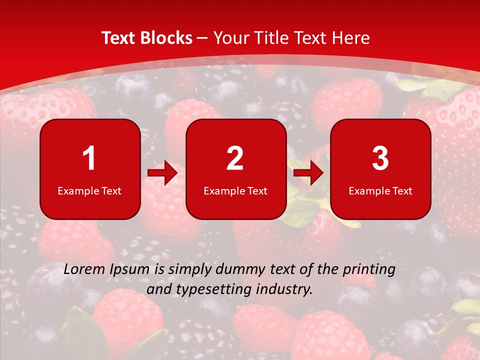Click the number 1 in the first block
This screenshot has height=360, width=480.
tap(89, 159)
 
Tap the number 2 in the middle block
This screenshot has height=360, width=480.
tap(235, 159)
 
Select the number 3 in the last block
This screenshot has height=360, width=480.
tap(380, 159)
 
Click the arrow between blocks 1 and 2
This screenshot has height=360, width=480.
tap(162, 173)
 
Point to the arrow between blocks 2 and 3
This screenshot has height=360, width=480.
tap(308, 173)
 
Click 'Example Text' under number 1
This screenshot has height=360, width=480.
tap(89, 190)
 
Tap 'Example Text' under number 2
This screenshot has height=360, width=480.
tap(235, 190)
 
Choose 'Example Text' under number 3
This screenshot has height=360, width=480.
tap(380, 190)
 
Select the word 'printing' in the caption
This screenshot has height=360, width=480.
tap(370, 270)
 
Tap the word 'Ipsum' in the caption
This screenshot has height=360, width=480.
tap(130, 270)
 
